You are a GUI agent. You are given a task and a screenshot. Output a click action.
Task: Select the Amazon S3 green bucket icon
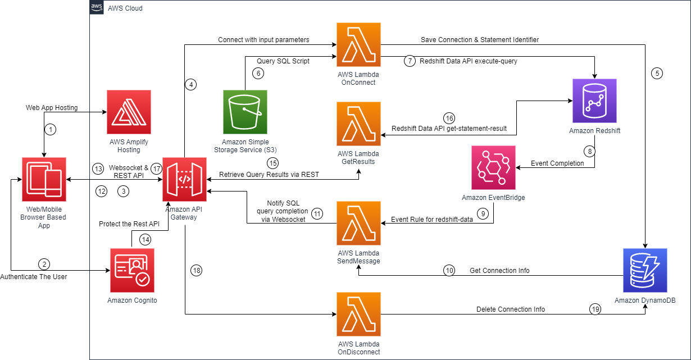245,112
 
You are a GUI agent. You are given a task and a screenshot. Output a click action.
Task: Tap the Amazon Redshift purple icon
594,101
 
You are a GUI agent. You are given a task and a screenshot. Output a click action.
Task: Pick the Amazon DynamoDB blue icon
645,270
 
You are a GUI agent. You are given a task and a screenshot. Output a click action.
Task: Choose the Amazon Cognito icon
132,270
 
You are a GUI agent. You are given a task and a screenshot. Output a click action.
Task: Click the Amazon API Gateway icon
184,179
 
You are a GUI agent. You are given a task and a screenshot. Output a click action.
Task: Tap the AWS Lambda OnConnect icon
358,44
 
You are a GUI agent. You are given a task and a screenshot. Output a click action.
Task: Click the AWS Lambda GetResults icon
358,124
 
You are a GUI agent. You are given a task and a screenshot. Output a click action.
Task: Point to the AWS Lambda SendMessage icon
358,224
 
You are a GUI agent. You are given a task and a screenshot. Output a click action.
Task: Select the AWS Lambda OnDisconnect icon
358,314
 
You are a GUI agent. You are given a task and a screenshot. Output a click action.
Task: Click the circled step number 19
595,309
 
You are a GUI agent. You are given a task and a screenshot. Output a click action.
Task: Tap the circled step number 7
410,61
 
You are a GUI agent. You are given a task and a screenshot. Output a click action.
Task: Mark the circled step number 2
44,264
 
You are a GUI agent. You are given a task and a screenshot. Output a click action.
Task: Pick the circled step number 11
317,213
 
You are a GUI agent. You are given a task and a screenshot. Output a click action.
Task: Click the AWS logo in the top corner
97,8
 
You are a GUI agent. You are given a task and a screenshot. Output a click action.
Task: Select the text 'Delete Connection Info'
510,309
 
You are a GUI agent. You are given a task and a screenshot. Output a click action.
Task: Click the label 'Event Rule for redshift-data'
431,220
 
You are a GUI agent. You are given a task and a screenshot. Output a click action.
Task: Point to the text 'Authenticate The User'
34,277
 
